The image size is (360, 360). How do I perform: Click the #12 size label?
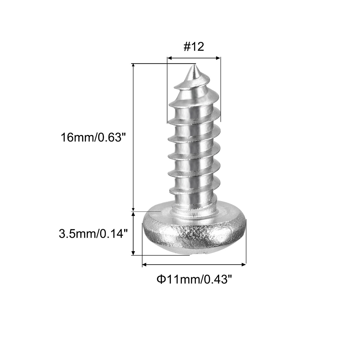click(194, 47)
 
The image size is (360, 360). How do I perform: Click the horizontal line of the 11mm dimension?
click(194, 264)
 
